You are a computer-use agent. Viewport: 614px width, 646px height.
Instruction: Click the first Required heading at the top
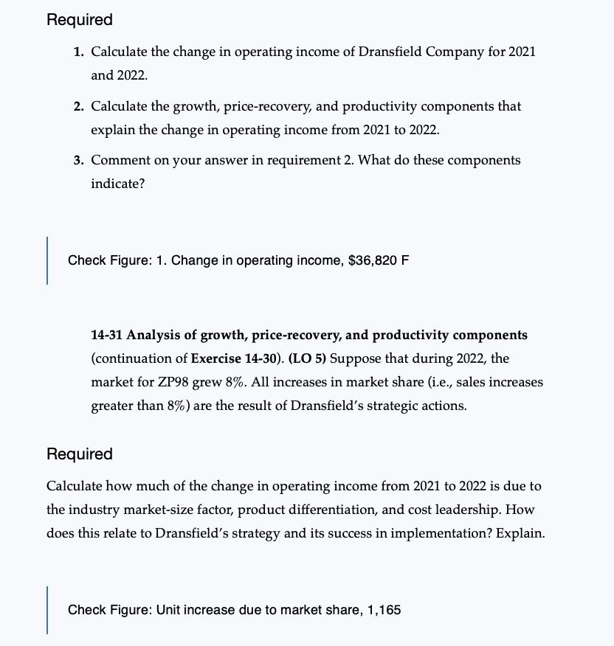point(80,20)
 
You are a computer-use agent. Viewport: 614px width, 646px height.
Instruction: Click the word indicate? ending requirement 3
point(118,184)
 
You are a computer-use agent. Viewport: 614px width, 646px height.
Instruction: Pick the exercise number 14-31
point(107,335)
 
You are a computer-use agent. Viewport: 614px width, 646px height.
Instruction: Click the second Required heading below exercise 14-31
point(80,454)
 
